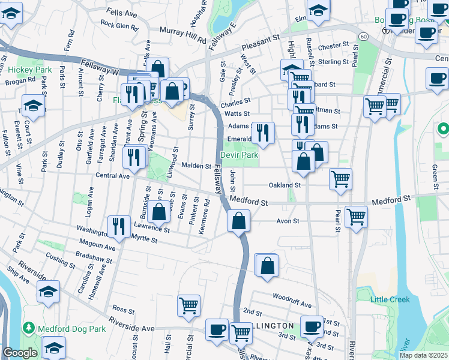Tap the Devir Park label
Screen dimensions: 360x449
coord(239,155)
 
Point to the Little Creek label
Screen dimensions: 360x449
coord(390,299)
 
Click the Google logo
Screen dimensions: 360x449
coord(19,353)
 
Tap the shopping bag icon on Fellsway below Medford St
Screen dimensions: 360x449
coord(238,221)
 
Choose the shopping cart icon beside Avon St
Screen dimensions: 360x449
coord(356,217)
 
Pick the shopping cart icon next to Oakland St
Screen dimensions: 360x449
coord(340,179)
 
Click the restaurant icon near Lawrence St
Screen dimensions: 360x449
coord(118,226)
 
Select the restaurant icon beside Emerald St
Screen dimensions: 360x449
coord(263,133)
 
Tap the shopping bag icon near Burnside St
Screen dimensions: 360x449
coord(159,212)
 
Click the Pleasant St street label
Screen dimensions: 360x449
coord(262,45)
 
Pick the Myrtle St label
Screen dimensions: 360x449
coord(143,239)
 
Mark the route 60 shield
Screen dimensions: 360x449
coord(364,37)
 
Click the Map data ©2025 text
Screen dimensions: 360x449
coord(423,355)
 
